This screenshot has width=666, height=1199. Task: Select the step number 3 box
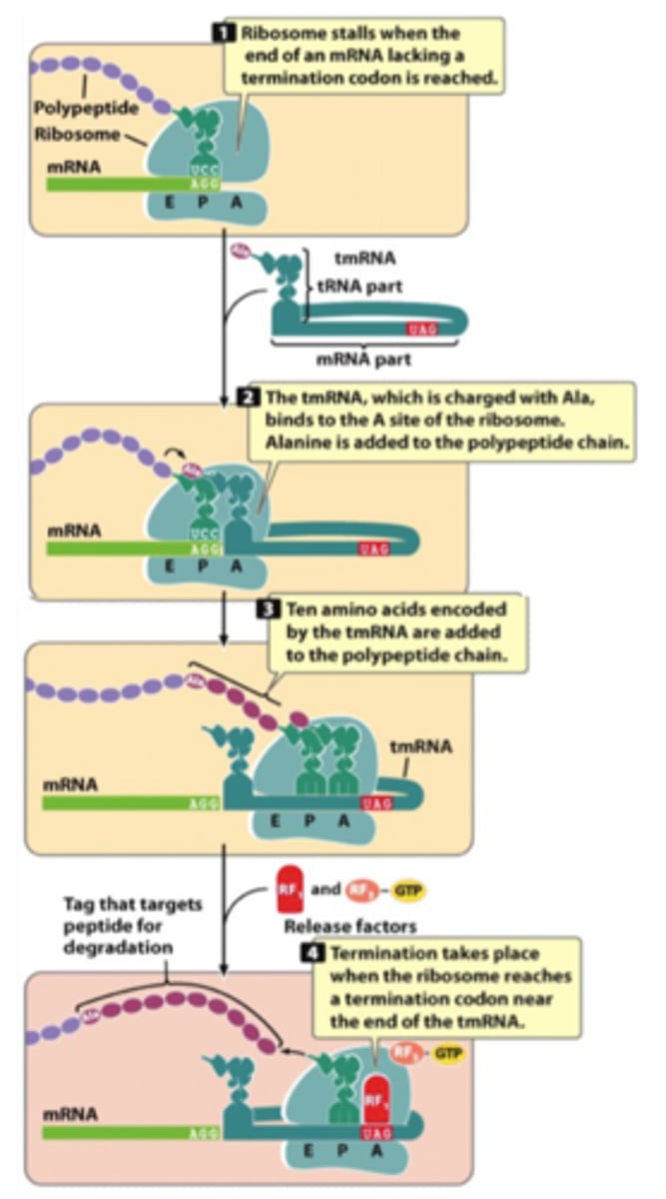[269, 609]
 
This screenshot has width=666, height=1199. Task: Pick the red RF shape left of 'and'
[288, 889]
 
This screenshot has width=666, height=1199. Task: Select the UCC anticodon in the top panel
[201, 171]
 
